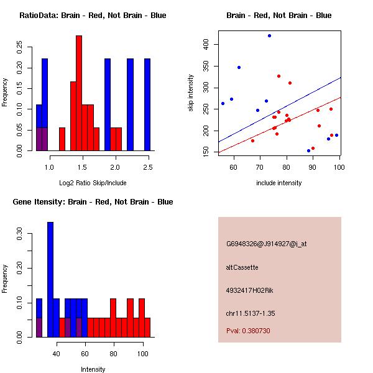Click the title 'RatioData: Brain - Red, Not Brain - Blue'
[x=93, y=16]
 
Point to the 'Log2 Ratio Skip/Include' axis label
[x=93, y=183]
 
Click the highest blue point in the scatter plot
[x=269, y=36]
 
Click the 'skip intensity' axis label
[x=191, y=93]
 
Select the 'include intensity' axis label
[x=279, y=183]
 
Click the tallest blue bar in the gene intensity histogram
[x=50, y=279]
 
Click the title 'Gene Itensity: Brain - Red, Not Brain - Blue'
[x=96, y=202]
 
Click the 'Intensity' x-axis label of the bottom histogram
[x=93, y=369]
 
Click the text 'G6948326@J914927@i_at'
[x=266, y=244]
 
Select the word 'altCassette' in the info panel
[x=242, y=267]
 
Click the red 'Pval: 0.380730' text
[x=248, y=331]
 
